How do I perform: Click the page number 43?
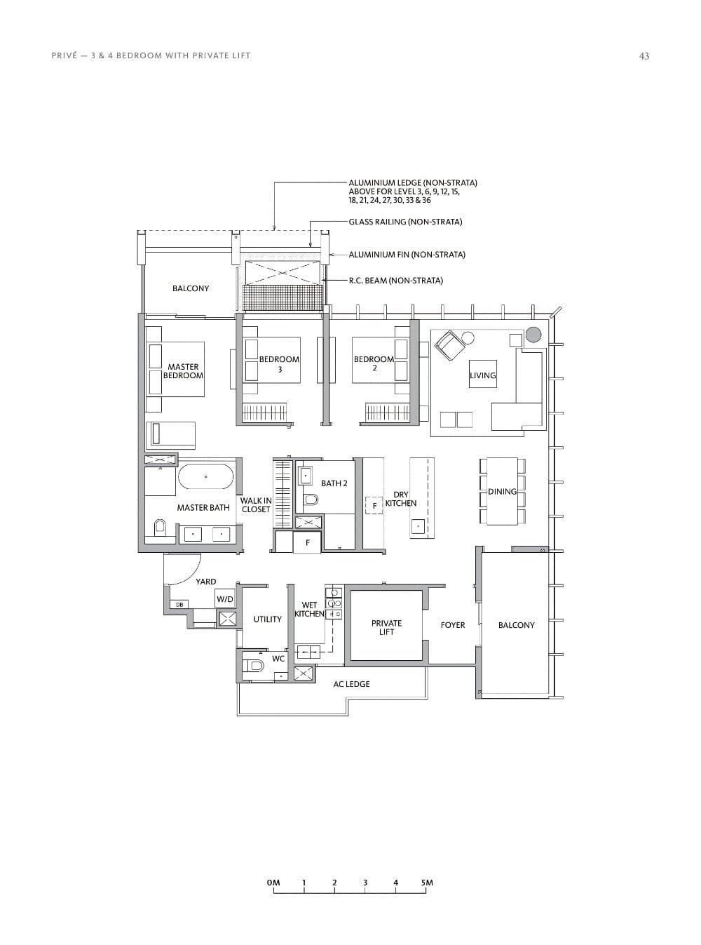644,56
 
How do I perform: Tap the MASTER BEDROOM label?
183,371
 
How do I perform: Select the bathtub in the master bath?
205,476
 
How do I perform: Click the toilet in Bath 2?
311,500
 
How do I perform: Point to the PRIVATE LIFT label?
386,627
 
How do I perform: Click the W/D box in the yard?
224,599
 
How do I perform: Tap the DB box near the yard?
179,604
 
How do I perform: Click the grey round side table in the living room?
533,335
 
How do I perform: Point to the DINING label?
502,491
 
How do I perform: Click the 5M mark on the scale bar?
427,883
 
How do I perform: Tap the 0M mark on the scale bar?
273,883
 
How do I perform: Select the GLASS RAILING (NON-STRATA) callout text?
405,222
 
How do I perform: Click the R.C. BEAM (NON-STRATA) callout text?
396,281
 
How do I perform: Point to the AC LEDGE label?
351,684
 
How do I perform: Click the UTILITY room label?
267,619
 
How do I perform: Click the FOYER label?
452,625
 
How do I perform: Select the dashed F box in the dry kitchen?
374,505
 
